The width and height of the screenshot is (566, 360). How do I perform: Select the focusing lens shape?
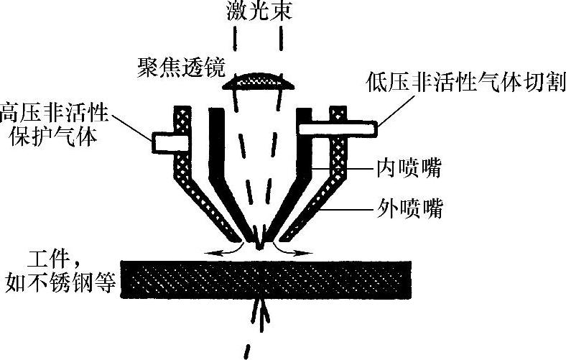pyautogui.click(x=259, y=81)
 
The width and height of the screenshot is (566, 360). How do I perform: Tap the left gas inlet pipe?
pyautogui.click(x=164, y=142)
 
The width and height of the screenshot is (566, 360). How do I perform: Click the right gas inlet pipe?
pyautogui.click(x=338, y=128)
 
